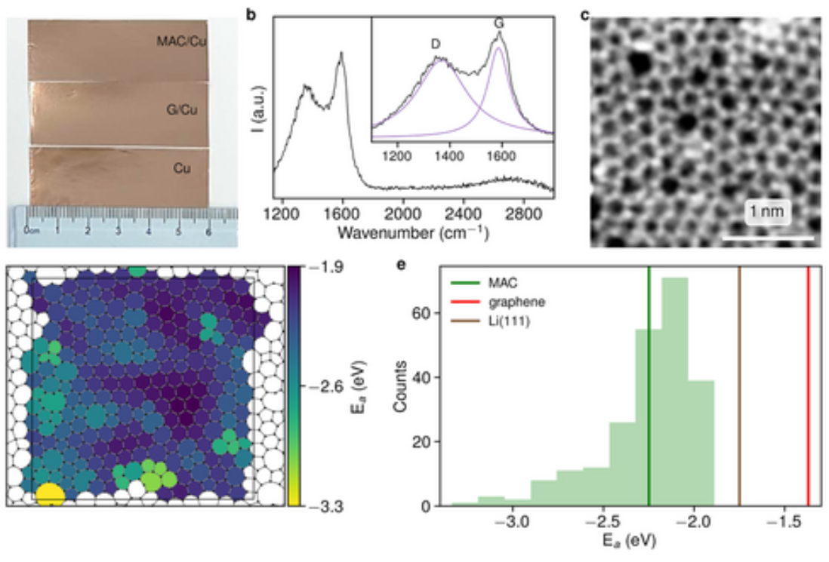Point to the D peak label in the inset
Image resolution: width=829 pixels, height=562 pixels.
tap(436, 44)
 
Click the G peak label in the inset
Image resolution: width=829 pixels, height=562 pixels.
tap(499, 24)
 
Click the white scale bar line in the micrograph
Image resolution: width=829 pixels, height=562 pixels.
tap(768, 238)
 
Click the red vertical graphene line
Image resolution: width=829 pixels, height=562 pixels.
tap(808, 392)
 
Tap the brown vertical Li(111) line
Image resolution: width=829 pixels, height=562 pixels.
tap(739, 392)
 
